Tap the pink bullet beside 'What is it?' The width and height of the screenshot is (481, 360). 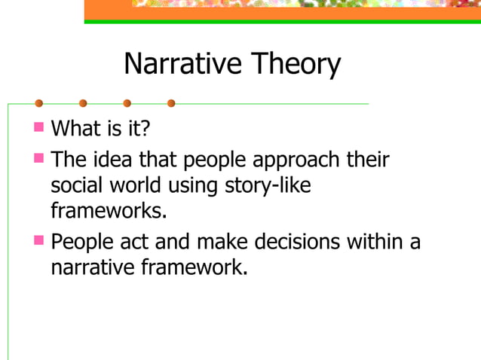39,126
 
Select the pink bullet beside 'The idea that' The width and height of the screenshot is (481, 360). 39,159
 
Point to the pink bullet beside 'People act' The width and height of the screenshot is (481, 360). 39,240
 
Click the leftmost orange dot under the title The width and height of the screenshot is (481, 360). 38,103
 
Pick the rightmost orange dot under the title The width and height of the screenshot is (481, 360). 171,103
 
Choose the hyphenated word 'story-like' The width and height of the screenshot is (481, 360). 268,186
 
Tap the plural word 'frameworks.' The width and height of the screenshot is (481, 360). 108,210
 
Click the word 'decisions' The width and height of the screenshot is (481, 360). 298,243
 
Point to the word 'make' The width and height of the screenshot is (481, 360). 222,243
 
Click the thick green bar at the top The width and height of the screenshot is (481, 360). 282,21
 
